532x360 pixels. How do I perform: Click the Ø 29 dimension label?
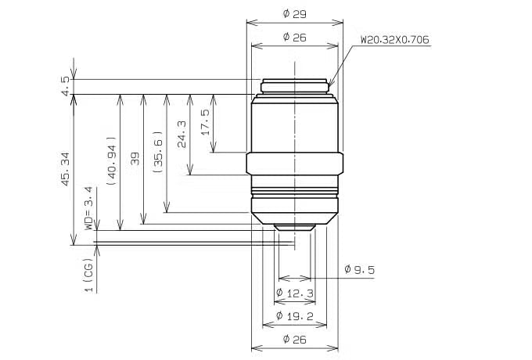pyautogui.click(x=294, y=14)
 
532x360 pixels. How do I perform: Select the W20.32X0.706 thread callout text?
pyautogui.click(x=395, y=40)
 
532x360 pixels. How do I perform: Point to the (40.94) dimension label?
pyautogui.click(x=111, y=161)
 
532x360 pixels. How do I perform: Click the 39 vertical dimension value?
pyautogui.click(x=135, y=158)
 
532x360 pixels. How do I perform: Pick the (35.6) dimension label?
pyautogui.click(x=158, y=153)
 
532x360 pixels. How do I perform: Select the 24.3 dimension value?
pyautogui.click(x=182, y=135)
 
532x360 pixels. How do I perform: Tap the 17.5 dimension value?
pyautogui.click(x=205, y=122)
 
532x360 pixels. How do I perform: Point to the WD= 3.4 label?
pyautogui.click(x=88, y=208)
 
